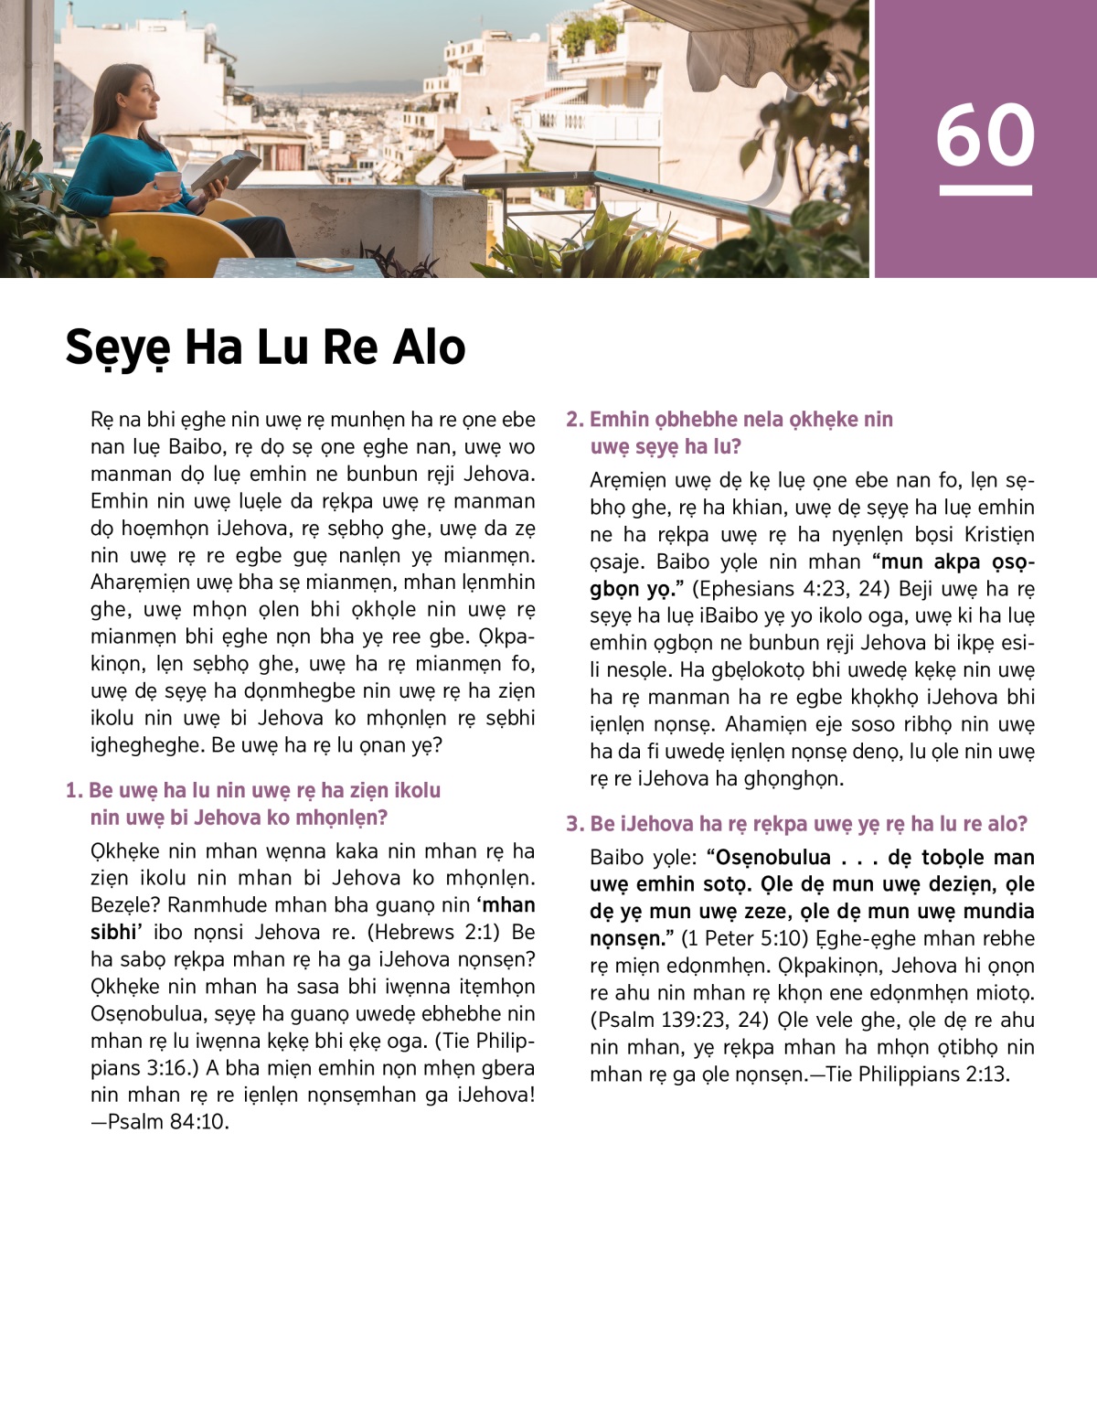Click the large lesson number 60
[x=985, y=135]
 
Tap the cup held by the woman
[x=167, y=182]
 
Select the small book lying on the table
[x=325, y=264]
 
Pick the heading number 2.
[x=573, y=420]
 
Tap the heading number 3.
[x=573, y=825]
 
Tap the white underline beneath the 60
[x=985, y=190]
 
